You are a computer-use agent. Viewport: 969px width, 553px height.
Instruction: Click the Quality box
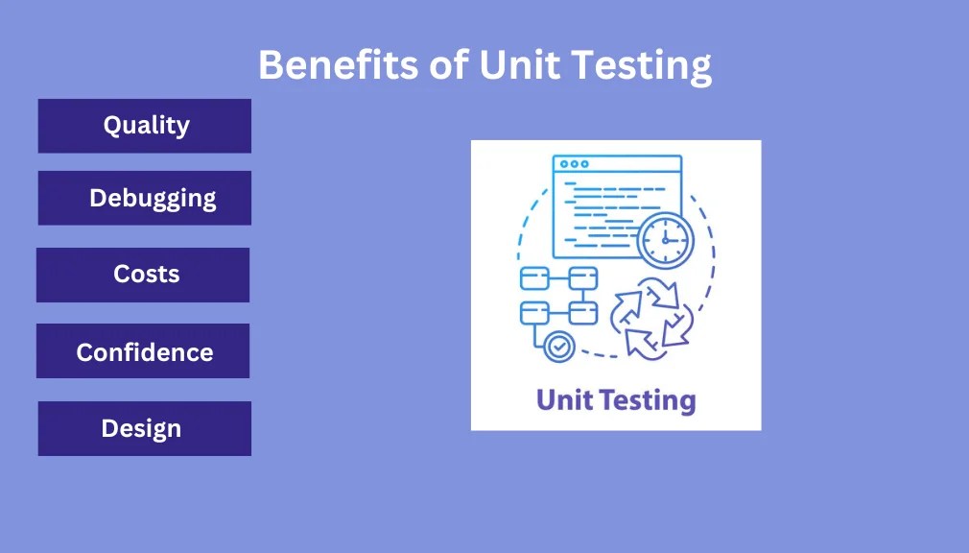144,126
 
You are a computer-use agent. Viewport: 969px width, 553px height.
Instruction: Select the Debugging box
144,198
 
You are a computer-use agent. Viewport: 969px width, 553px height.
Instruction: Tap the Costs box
143,275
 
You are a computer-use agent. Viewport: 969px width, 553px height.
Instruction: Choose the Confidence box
143,351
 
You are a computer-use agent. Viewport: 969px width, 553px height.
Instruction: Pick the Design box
144,428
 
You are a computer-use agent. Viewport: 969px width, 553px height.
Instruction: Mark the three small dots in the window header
574,164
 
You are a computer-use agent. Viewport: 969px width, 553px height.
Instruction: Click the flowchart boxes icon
558,296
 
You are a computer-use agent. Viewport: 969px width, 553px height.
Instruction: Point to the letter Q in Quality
112,126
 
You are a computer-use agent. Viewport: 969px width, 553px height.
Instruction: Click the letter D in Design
110,428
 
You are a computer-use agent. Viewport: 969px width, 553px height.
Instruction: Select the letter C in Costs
122,275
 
